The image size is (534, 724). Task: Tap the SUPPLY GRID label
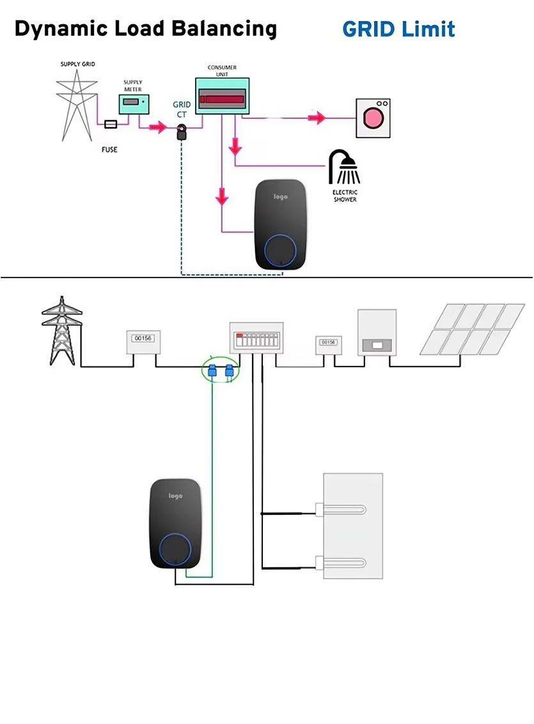78,64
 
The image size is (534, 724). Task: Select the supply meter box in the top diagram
133,104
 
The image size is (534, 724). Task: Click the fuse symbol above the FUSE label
111,124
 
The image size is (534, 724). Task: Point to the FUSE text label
110,149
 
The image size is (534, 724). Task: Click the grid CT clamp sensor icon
182,133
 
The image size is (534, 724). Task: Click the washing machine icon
373,118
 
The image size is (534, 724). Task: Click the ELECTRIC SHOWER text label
345,196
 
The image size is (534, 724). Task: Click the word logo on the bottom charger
175,496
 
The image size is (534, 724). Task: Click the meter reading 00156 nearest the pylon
142,337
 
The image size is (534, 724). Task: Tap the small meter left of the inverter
328,343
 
